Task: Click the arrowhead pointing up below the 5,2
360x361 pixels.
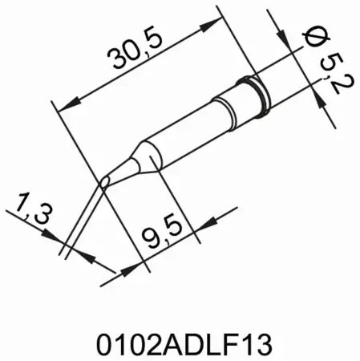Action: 318,99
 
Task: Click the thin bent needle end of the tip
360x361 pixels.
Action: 85,217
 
